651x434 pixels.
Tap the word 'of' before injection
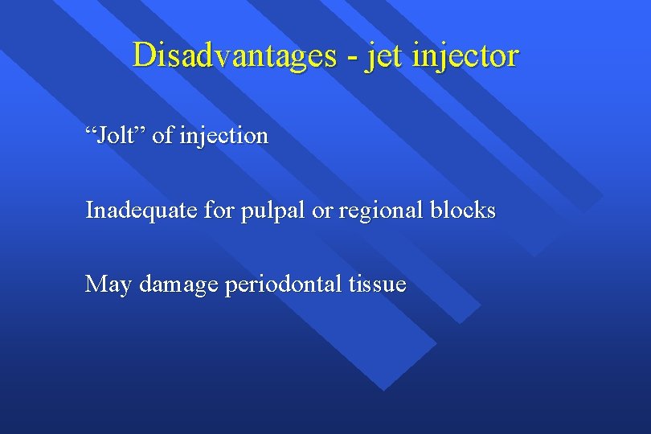pos(162,136)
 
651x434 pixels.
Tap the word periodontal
pos(286,285)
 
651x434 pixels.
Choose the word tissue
pos(378,285)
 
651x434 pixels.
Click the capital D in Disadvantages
pos(142,55)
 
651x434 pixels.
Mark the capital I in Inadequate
pos(89,211)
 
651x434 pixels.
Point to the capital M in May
pos(96,284)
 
